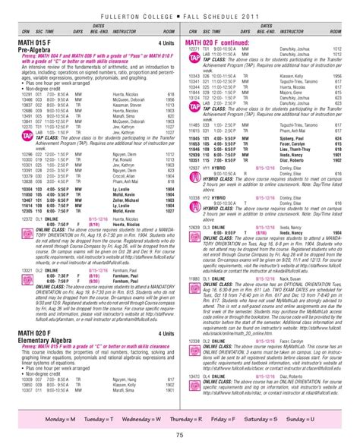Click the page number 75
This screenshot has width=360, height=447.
coord(179,434)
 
